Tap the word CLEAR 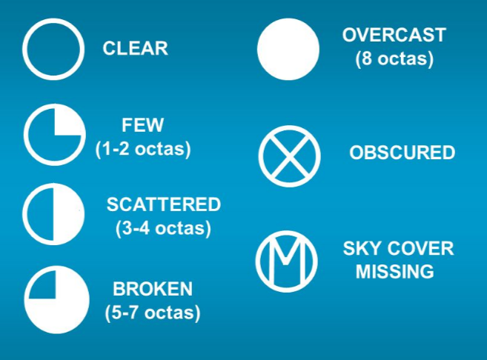pos(136,49)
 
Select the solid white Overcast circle pos(288,49)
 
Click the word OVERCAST pos(394,35)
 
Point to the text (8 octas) pos(394,59)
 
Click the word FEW pos(142,125)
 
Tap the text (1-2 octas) pos(143,149)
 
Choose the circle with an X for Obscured pos(290,156)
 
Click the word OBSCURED pos(402,153)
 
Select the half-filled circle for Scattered pos(53,214)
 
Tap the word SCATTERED pos(164,204)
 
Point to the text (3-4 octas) pos(163,228)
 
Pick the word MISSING pos(395,272)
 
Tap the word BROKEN pos(153,289)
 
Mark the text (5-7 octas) pos(153,313)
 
